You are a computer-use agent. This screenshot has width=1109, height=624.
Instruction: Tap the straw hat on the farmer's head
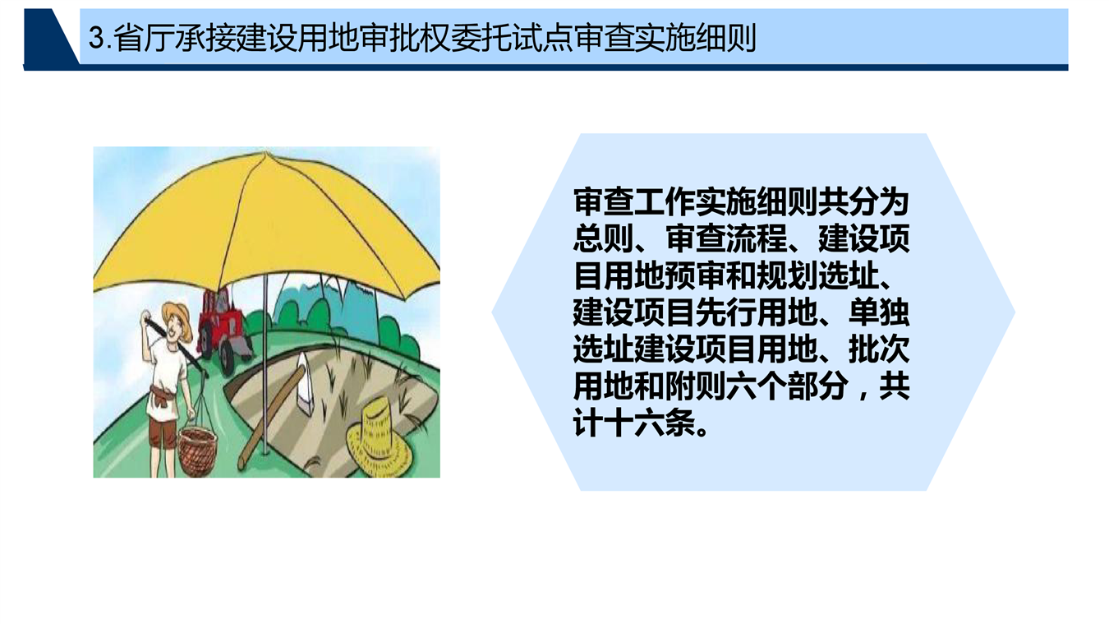177,317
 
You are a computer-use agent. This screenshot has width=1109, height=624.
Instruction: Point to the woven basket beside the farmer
197,451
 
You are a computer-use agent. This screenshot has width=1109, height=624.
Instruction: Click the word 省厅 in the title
144,38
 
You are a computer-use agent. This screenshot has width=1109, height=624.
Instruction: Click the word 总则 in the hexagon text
604,239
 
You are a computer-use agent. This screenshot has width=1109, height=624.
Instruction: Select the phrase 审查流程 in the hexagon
726,239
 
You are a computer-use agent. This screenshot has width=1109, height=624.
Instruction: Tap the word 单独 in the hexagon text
879,312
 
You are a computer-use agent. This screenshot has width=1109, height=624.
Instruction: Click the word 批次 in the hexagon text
879,349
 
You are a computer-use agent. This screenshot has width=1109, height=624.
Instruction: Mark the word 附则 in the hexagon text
695,386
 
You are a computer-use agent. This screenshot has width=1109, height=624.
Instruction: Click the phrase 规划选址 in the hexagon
817,275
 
